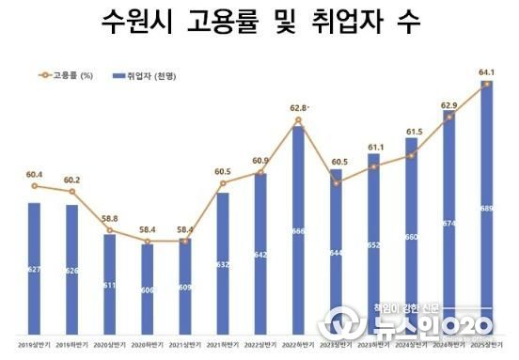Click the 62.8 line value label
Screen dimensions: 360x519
[x=298, y=107]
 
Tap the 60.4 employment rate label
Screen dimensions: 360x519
[x=34, y=173]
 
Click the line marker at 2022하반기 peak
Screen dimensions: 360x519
[x=298, y=120]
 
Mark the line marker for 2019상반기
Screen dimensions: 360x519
[x=34, y=186]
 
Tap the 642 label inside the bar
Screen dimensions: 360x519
[x=260, y=255]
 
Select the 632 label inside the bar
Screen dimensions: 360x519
[x=223, y=265]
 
